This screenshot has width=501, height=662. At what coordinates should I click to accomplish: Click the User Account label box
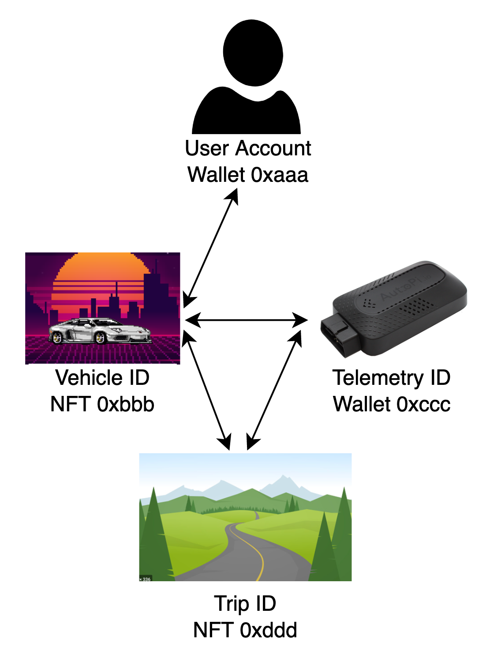(249, 161)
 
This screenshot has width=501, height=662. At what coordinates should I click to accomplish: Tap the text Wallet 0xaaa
(248, 174)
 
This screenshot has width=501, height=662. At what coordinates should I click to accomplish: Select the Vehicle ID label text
(102, 378)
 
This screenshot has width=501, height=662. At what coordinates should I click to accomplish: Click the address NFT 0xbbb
(102, 404)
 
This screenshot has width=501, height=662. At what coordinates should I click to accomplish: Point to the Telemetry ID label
(392, 378)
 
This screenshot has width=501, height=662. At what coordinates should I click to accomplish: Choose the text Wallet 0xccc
(392, 404)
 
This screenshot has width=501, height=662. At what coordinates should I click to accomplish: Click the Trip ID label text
(245, 604)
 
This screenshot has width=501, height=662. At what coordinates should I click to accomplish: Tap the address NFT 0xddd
(245, 630)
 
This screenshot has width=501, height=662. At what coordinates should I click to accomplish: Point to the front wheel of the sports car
(101, 338)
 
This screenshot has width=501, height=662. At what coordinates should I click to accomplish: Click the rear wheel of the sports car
(57, 338)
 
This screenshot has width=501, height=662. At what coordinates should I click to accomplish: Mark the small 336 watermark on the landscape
(145, 579)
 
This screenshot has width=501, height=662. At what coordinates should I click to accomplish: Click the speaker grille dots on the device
(417, 305)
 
